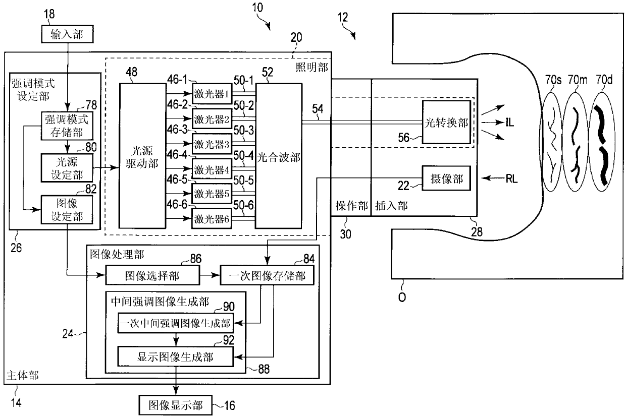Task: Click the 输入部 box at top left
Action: [67, 34]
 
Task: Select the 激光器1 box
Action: [212, 94]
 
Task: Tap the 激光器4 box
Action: [212, 169]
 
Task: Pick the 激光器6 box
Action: [212, 219]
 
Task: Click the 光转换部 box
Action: [446, 122]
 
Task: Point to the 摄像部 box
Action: [446, 178]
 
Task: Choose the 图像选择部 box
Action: [152, 275]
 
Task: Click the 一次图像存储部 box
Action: [267, 275]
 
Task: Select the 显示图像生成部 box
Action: [176, 356]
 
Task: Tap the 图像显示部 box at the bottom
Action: [176, 405]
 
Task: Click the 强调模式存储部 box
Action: [67, 126]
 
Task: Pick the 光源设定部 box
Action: [67, 168]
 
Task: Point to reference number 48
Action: [131, 72]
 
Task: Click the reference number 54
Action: [318, 109]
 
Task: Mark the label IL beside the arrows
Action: [510, 122]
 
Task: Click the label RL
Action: [512, 178]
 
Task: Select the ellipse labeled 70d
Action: [603, 141]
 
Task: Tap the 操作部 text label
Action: [351, 206]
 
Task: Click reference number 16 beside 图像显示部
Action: [229, 405]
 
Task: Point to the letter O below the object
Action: [402, 297]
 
